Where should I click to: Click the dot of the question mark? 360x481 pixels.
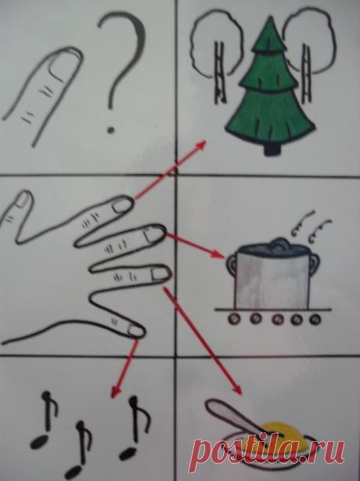point(110,130)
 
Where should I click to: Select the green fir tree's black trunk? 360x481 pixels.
point(272,149)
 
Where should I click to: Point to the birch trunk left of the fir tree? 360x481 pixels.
point(220,73)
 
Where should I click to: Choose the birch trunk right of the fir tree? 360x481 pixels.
point(308,74)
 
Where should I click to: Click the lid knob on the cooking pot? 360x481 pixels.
point(279,243)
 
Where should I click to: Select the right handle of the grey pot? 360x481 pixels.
point(315,265)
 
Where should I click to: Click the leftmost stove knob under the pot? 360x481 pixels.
point(234,318)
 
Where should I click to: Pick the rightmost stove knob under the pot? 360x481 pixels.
point(315,320)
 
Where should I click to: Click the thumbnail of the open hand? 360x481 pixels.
point(22,199)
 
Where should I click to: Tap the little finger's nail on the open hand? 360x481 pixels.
point(135,330)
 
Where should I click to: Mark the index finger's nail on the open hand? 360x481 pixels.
point(122,205)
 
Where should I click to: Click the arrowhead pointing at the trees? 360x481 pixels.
point(201,145)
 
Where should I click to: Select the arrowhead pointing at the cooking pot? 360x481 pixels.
point(219,255)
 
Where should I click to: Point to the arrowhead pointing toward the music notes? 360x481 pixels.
point(116,392)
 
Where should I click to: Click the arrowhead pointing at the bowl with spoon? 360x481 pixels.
point(237,389)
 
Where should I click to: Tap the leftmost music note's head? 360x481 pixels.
point(39,442)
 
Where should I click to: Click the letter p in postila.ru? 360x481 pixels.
point(201,455)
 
